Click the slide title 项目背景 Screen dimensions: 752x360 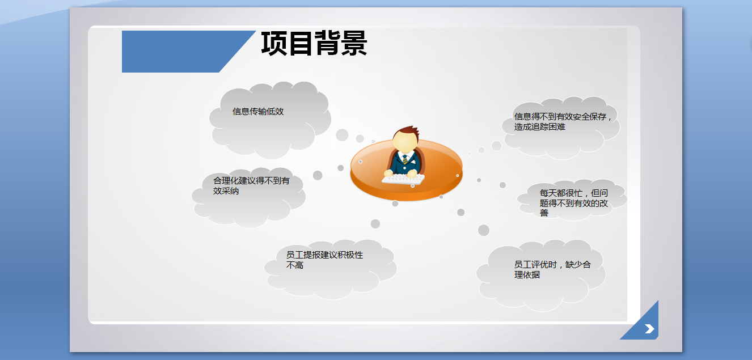(314, 43)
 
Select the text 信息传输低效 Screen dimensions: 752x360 (258, 111)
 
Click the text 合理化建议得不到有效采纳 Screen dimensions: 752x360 (251, 185)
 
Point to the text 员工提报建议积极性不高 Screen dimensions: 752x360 (324, 260)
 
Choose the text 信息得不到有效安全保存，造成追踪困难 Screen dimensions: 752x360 (563, 121)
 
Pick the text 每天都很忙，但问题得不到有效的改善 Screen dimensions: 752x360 (574, 203)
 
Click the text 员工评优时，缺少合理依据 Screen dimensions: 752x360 (552, 269)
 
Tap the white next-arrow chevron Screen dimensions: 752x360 (649, 329)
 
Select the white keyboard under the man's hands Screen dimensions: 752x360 (403, 179)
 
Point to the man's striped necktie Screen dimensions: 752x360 (405, 159)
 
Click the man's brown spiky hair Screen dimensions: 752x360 (408, 131)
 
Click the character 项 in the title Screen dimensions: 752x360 (273, 43)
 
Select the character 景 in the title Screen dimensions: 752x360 (354, 43)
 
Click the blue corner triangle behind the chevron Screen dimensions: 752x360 (643, 324)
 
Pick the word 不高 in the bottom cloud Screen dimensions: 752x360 (294, 265)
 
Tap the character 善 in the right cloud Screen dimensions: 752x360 (544, 213)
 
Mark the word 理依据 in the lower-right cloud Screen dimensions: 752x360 (527, 275)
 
